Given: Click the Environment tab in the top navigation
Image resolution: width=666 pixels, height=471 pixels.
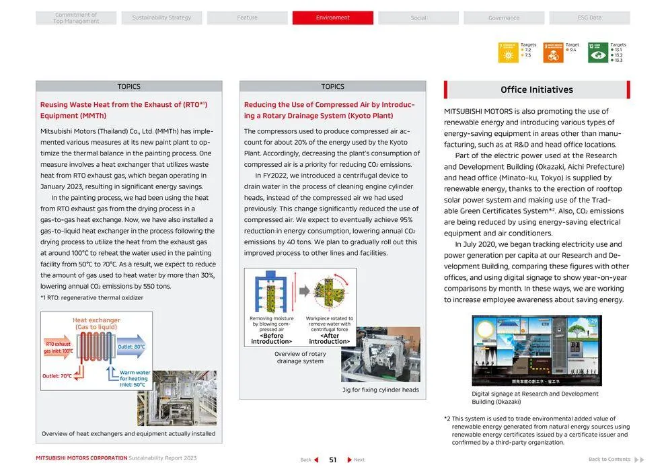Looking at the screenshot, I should (332, 17).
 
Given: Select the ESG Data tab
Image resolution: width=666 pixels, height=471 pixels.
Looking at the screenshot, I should (589, 17).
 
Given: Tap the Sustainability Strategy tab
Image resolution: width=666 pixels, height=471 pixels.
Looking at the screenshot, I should (161, 17).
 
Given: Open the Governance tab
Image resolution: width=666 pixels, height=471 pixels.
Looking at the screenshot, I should (504, 17).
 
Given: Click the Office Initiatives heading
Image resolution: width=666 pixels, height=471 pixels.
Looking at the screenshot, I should (536, 89).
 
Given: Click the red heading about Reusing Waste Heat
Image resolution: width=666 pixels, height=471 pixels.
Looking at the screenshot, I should (123, 110).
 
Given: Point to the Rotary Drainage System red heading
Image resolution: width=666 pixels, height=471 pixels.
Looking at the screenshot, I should (329, 110).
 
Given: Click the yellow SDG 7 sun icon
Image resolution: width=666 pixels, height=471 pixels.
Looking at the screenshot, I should (508, 52).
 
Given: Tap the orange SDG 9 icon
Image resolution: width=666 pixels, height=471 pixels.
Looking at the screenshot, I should (553, 52).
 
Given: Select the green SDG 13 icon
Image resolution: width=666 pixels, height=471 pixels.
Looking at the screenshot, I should (597, 52).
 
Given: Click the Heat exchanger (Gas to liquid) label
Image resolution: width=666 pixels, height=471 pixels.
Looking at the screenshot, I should (96, 324).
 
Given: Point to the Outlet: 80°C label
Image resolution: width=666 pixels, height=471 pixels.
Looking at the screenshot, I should (131, 347).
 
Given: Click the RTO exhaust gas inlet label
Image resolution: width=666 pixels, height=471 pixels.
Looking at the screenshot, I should (59, 347).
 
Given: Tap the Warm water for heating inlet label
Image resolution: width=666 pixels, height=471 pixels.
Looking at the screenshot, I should (135, 378).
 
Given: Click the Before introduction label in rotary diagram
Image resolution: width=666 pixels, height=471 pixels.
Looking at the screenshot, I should (272, 338).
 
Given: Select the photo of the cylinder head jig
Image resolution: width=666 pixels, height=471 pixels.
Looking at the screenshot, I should (380, 355).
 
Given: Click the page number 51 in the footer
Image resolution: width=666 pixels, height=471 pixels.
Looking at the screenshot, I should (332, 460).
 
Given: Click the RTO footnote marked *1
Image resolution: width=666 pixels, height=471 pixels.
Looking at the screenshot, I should (91, 297).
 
